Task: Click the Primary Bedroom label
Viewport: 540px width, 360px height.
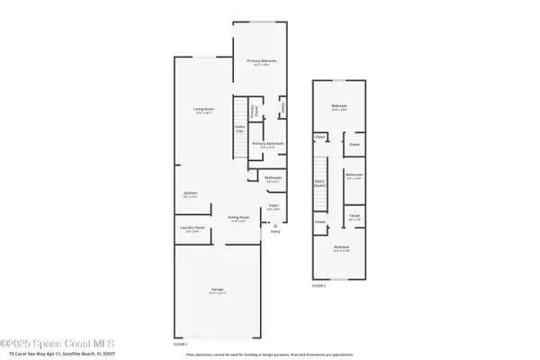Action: click(x=262, y=61)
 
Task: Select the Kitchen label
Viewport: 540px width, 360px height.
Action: click(x=191, y=194)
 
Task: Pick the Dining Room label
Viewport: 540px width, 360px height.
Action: click(x=238, y=218)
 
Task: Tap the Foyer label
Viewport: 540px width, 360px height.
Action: click(x=274, y=207)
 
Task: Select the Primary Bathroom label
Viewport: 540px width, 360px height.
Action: click(x=267, y=144)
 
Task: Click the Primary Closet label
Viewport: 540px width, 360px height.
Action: click(x=254, y=112)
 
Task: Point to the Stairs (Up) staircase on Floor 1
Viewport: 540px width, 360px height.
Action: click(x=240, y=126)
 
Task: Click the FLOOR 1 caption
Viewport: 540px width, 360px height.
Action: click(x=181, y=344)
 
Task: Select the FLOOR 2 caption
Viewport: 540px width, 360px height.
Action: click(x=319, y=284)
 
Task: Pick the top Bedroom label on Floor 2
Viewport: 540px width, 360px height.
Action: click(x=339, y=107)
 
